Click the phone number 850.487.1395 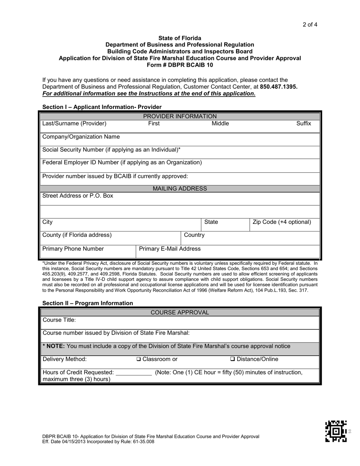(x=279, y=86)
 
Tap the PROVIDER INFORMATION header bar (x=180, y=116)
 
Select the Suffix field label (x=304, y=124)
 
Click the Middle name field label (x=220, y=124)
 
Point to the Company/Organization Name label (x=81, y=137)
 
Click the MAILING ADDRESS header (x=180, y=189)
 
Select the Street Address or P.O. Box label (x=78, y=196)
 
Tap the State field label (x=211, y=222)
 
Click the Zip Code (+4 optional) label (x=282, y=222)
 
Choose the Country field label (x=194, y=235)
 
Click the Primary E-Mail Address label (x=170, y=249)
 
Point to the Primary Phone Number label (x=73, y=249)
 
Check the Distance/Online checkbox (x=233, y=359)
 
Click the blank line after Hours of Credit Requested (x=134, y=373)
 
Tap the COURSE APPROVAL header (x=180, y=313)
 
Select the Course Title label (x=59, y=320)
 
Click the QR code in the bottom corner (x=336, y=431)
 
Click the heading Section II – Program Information (x=88, y=303)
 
